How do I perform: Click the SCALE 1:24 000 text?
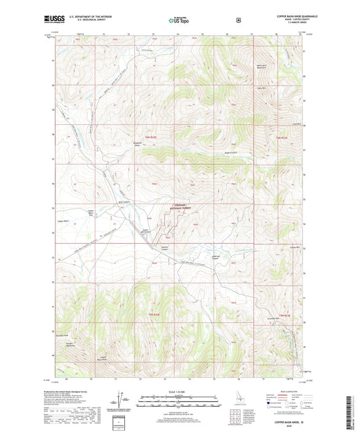point(179,392)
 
